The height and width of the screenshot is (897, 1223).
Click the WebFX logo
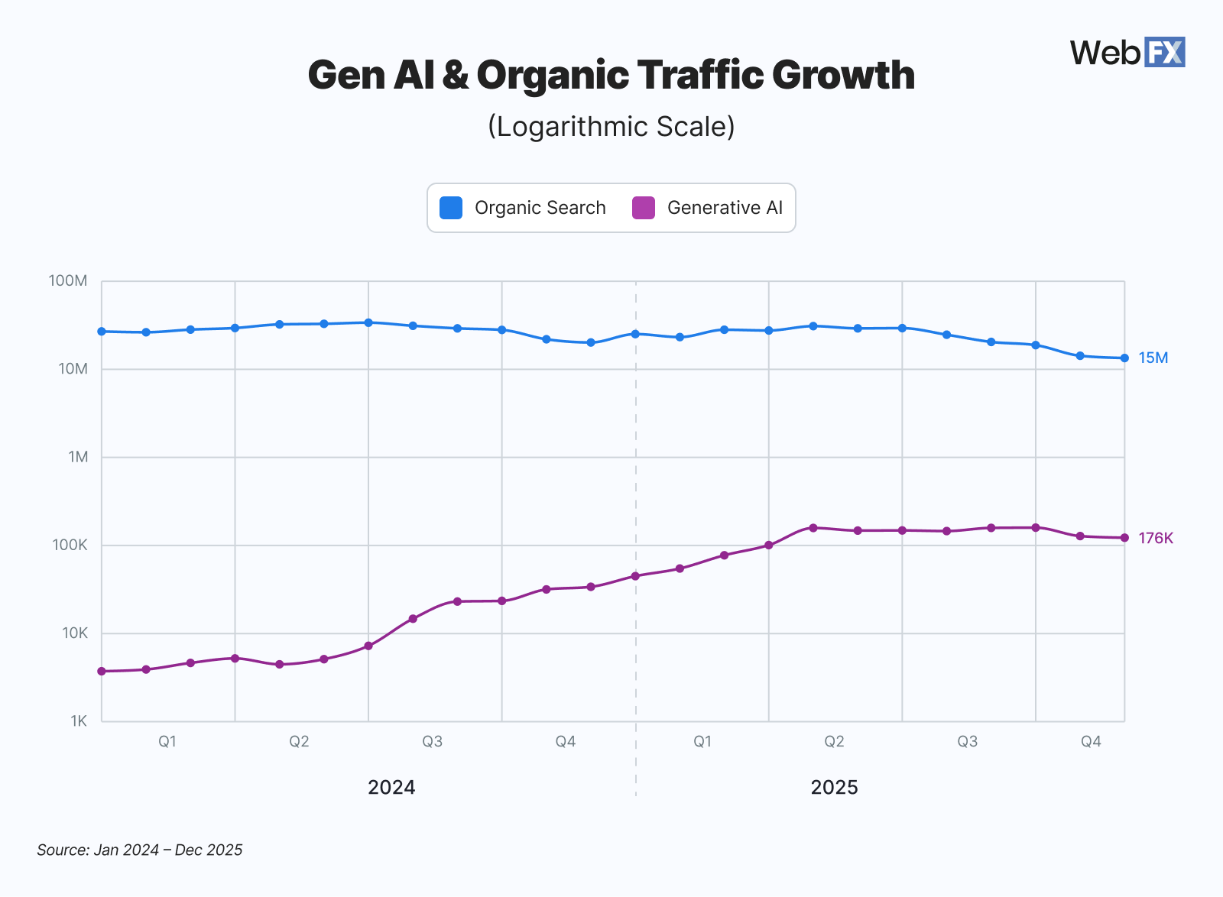(1127, 53)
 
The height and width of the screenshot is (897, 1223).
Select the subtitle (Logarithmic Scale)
(611, 126)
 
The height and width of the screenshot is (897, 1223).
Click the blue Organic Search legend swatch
(451, 208)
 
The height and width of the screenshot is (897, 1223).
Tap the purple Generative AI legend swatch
(644, 208)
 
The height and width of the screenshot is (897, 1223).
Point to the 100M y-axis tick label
(68, 280)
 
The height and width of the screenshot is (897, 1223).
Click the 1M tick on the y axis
(78, 457)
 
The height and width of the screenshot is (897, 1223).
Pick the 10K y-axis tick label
(75, 633)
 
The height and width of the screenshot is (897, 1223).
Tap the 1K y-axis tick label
(79, 721)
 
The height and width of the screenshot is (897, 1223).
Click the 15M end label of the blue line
(1153, 358)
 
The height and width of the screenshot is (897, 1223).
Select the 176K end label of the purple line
(1155, 538)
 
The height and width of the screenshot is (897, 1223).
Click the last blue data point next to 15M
(1124, 358)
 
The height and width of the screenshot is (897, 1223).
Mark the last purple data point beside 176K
(1124, 538)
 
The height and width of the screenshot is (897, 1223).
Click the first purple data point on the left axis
(102, 671)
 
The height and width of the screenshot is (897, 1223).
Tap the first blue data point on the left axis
(102, 331)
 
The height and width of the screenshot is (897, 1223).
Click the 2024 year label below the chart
(391, 787)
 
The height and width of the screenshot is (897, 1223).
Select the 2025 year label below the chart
(834, 787)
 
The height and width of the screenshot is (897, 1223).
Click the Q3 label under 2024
(433, 741)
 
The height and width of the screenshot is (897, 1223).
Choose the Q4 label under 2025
(1091, 741)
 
